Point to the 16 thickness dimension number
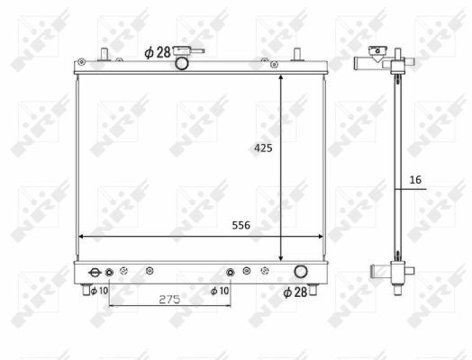tap(414, 180)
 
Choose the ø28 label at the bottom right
tap(295, 292)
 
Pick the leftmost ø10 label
tap(98, 290)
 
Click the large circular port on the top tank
tap(181, 63)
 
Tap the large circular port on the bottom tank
tap(300, 272)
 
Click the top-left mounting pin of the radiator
tap(104, 52)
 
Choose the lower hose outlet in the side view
tap(373, 271)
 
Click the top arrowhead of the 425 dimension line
tap(282, 80)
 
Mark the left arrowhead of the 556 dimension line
tap(84, 237)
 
